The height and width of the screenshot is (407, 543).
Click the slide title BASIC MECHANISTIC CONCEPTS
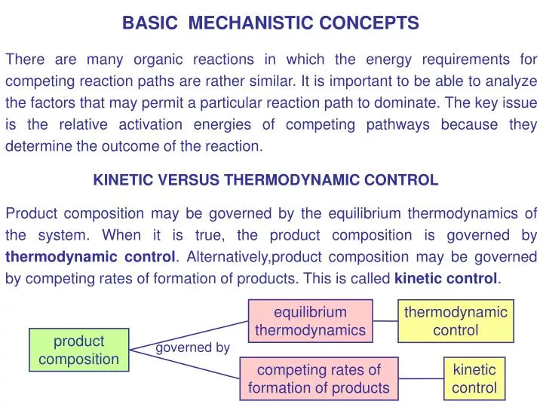pos(271,23)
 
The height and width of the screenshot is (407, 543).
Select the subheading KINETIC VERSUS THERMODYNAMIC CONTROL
pos(265,180)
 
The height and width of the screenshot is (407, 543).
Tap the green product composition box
pos(78,350)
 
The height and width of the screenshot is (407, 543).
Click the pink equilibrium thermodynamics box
pos(310,321)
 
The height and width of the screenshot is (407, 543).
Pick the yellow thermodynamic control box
pos(456,321)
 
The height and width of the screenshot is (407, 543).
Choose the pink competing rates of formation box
pos(318,378)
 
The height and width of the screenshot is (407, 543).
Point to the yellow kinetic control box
pos(474,378)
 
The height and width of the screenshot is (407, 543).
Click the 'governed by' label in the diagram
pos(192,347)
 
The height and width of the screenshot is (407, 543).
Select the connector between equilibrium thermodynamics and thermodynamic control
pos(385,321)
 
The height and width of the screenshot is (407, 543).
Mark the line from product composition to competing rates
pos(185,363)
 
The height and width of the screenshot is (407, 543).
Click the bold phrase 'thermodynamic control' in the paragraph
pos(90,256)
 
